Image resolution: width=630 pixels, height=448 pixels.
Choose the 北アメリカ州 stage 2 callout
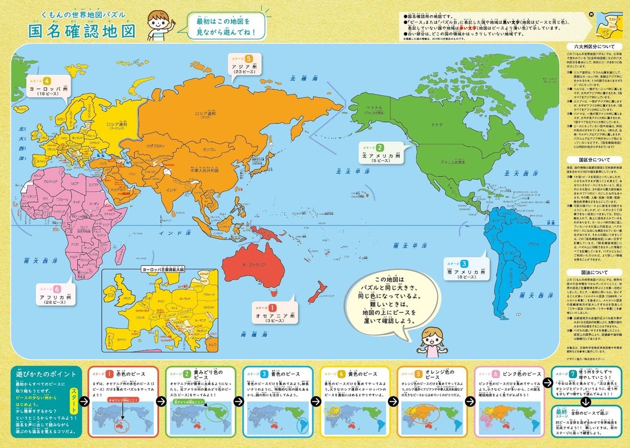382,152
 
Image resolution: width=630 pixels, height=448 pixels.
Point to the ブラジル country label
532,245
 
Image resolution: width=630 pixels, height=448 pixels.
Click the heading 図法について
593,273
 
